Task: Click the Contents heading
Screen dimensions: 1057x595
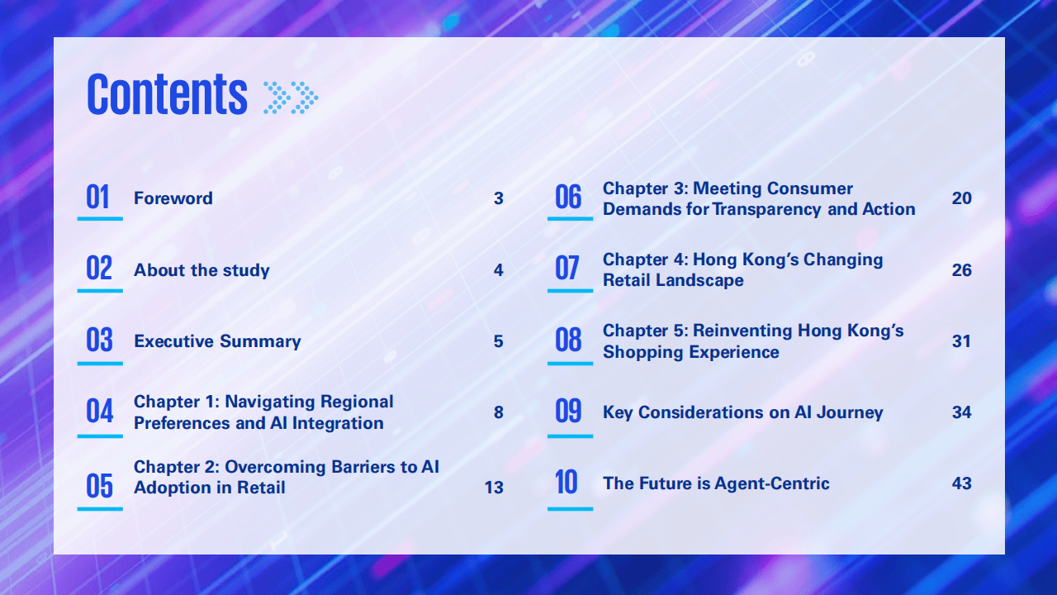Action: [167, 94]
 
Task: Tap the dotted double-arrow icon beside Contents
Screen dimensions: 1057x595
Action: [291, 98]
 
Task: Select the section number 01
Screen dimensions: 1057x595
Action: [97, 197]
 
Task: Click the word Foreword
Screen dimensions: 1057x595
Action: [173, 198]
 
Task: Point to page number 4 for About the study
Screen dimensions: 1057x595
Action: [498, 270]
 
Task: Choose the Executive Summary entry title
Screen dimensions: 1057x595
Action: [217, 341]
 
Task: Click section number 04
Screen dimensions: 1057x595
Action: [100, 411]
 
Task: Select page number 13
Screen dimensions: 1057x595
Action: [494, 488]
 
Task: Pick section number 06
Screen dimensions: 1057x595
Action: [568, 197]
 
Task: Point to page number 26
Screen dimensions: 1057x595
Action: [962, 270]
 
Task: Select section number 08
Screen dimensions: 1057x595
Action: [568, 340]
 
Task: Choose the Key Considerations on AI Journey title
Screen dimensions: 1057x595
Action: [742, 412]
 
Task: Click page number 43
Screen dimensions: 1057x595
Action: [962, 483]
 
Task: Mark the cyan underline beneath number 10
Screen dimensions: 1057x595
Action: [570, 508]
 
